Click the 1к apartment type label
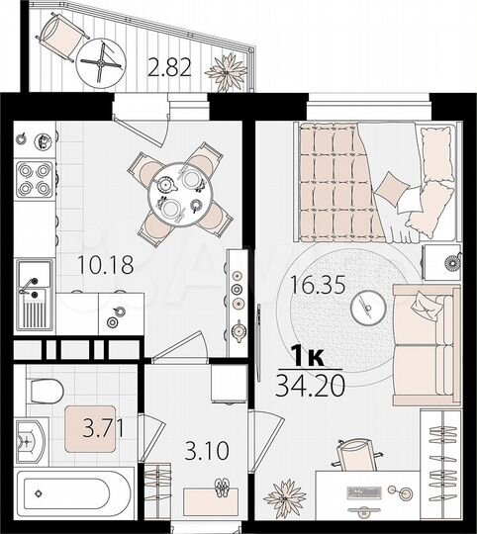point(311,354)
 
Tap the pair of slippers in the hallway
point(223,489)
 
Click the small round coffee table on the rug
point(367,307)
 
